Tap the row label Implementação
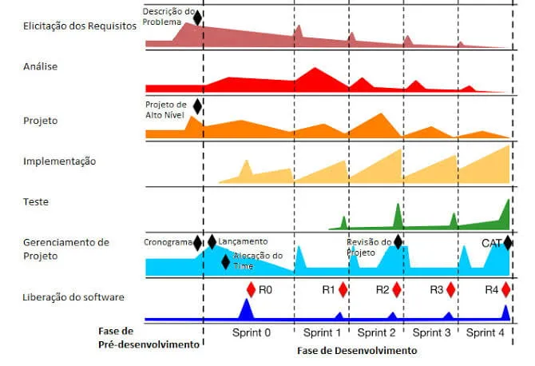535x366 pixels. coord(60,161)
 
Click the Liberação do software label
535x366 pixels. coord(73,298)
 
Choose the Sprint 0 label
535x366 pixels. coord(252,332)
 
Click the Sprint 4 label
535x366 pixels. coord(486,332)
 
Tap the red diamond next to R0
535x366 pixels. coord(251,288)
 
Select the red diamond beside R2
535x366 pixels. coord(397,289)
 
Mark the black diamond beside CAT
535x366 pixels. coord(509,241)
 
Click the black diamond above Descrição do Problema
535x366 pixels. coord(198,15)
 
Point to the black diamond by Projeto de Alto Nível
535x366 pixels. coord(198,105)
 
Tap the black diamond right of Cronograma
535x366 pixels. coord(199,242)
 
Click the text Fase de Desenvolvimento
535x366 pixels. coord(356,350)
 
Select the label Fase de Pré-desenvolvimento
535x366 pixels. coord(148,338)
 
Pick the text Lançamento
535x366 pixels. coord(243,241)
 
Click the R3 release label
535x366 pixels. coord(436,289)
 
